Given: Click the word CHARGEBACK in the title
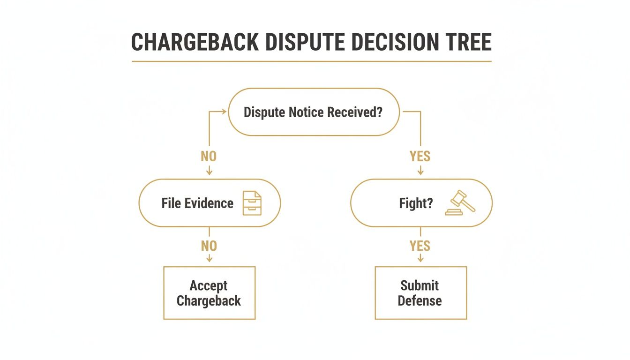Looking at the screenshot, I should (x=194, y=43).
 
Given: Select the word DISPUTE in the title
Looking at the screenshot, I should (x=305, y=43).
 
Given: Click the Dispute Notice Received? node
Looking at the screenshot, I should (x=314, y=112).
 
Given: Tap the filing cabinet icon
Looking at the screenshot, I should (x=252, y=203).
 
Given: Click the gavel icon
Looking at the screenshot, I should (x=460, y=202).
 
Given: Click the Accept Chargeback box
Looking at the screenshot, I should (x=209, y=293).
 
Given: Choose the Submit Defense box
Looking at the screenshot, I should (x=420, y=293).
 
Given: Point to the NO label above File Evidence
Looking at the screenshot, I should (x=209, y=156).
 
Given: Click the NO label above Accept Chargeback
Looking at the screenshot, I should (x=209, y=246).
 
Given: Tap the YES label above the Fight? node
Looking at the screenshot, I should (x=420, y=156).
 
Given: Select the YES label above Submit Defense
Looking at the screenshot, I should (x=420, y=246).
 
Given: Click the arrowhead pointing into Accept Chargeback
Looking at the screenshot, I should (x=209, y=262).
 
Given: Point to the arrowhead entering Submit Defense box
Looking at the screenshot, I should (x=420, y=262).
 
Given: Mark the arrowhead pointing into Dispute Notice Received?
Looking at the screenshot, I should (x=224, y=112).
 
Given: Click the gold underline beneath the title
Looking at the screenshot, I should (x=311, y=61).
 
